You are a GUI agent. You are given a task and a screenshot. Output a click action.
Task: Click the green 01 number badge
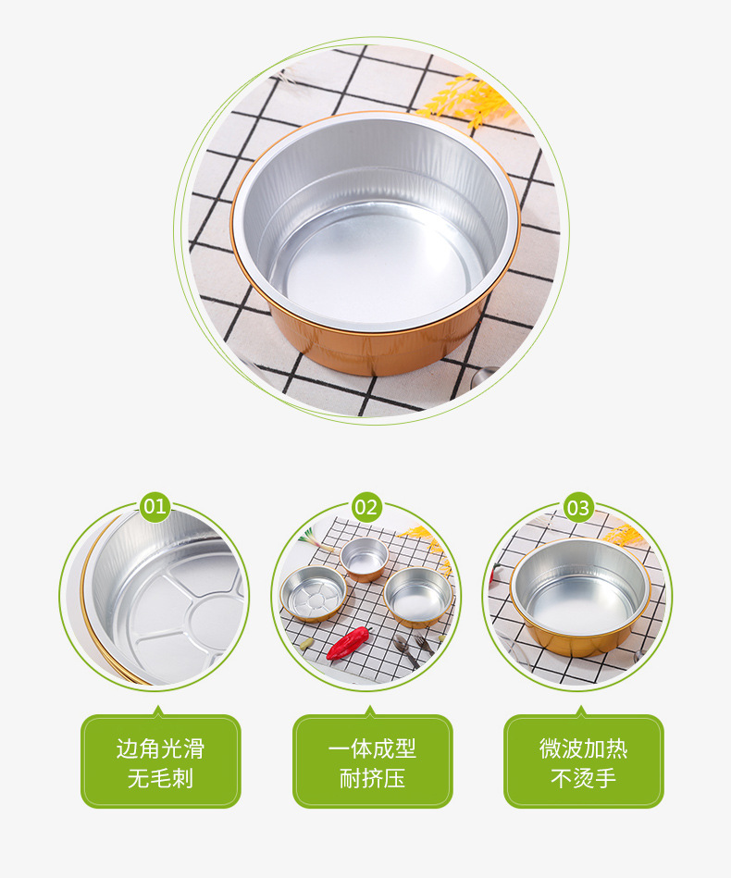[155, 506]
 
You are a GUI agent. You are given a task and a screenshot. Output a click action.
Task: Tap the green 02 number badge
[366, 506]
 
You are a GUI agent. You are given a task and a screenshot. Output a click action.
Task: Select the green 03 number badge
[578, 507]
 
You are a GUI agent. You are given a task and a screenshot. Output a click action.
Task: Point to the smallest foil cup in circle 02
[364, 557]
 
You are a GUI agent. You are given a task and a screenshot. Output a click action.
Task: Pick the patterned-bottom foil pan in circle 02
[313, 593]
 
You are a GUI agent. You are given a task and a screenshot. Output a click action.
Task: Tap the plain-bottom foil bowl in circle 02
[418, 596]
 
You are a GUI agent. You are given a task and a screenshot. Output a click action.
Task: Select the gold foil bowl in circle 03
[579, 597]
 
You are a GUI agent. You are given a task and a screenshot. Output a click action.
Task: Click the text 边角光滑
[160, 748]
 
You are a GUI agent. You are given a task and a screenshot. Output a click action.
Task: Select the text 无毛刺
[160, 778]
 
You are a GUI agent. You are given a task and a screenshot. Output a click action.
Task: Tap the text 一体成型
[372, 748]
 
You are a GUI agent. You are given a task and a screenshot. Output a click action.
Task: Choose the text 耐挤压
[372, 778]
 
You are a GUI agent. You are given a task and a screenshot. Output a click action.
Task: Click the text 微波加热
[583, 748]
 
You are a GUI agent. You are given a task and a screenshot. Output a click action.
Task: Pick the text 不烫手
[583, 778]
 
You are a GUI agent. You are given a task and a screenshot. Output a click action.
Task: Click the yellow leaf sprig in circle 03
[625, 535]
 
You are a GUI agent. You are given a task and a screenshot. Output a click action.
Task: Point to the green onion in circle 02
[305, 534]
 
